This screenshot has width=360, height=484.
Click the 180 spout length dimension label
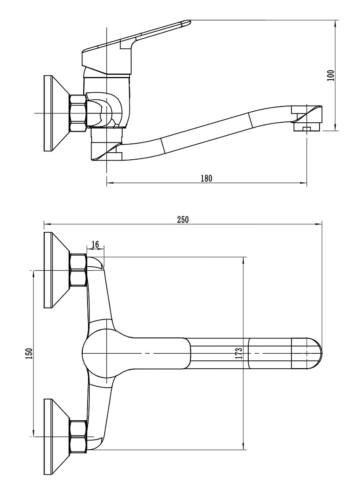[206, 178]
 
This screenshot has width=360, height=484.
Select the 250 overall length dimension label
[183, 220]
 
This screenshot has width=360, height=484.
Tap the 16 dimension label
[95, 245]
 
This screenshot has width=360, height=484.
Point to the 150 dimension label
[29, 353]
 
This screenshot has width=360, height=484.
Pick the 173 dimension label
[239, 353]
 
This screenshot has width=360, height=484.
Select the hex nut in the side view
[78, 113]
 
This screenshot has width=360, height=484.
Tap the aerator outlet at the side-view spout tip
[307, 127]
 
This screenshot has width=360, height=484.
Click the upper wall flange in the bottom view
[57, 270]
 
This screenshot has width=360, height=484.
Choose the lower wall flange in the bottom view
[57, 436]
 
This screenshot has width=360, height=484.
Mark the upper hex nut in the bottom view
[78, 270]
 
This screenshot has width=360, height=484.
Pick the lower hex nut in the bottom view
[78, 436]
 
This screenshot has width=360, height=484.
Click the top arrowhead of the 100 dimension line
[336, 24]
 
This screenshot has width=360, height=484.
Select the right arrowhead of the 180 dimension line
[303, 183]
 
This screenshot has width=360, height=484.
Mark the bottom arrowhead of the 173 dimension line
[244, 446]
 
